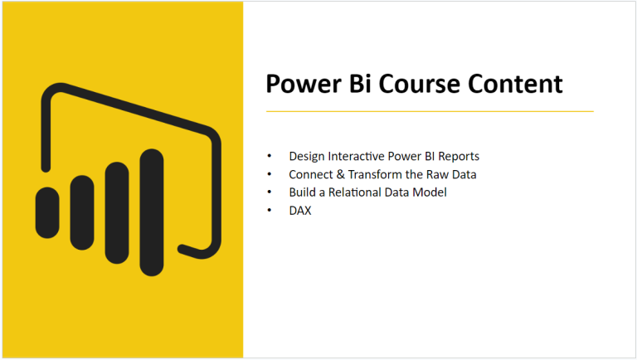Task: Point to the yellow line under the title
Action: point(429,110)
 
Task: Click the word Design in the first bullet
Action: point(305,156)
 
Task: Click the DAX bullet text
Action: point(299,211)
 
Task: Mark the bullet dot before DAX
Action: point(269,211)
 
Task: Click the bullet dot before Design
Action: point(269,156)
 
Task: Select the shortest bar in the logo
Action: point(47,212)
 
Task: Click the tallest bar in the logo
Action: point(152,212)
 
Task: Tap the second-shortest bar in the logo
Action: point(82,212)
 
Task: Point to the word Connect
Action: point(309,174)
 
